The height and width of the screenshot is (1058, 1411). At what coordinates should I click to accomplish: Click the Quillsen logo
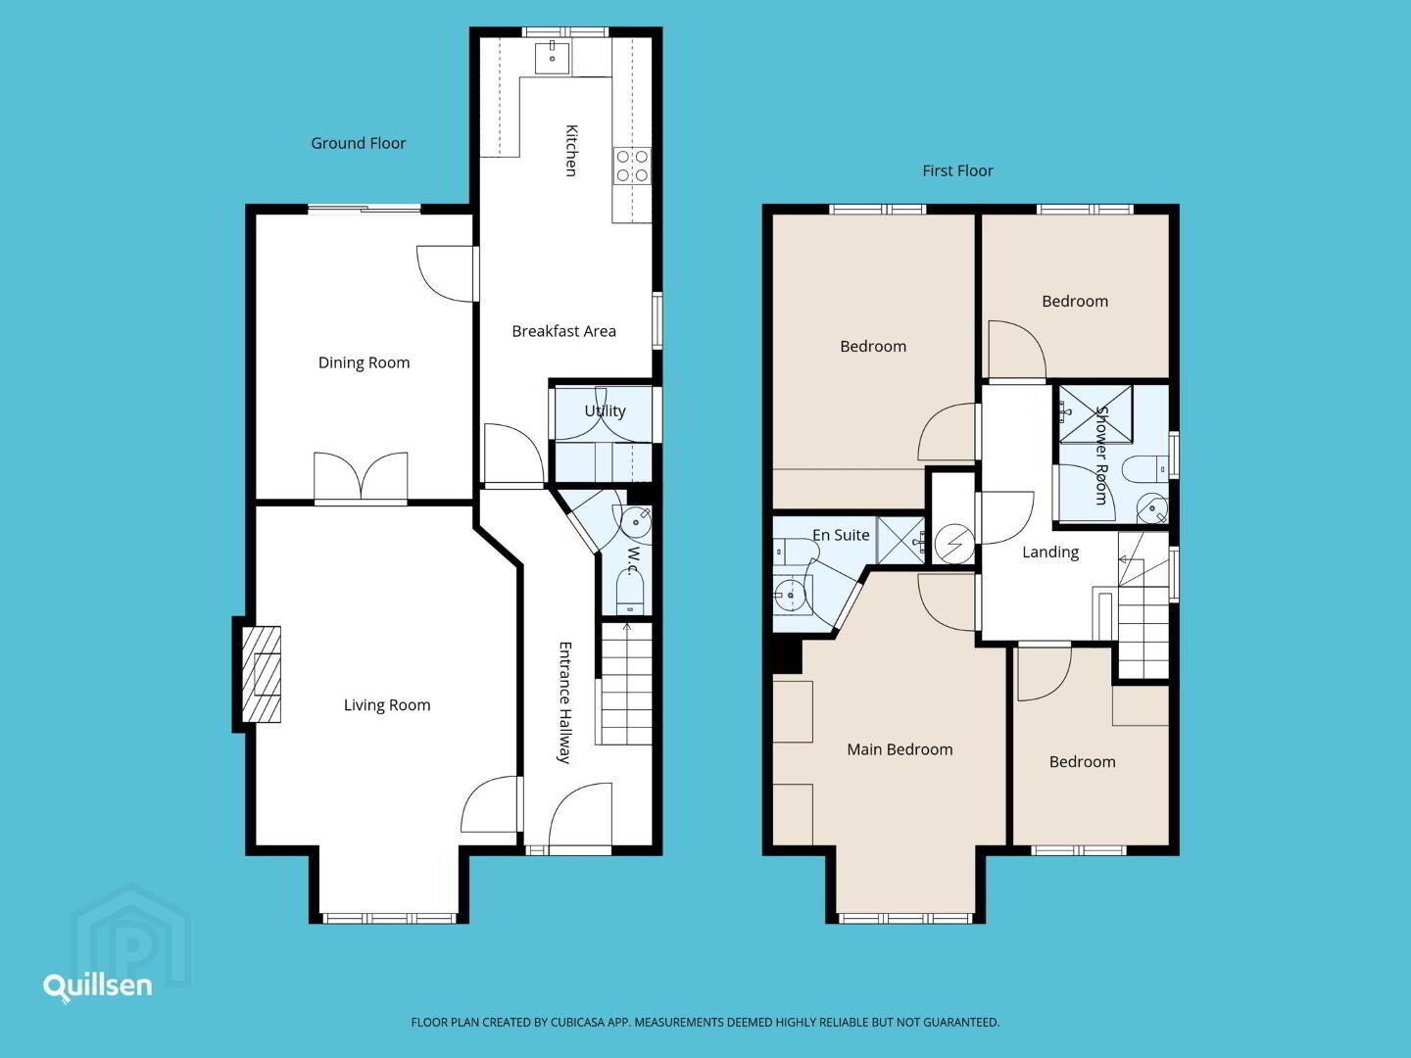pos(98,986)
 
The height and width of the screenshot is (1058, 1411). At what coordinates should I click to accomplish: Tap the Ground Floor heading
pos(358,143)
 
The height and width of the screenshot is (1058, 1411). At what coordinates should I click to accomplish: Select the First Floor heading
pos(957,170)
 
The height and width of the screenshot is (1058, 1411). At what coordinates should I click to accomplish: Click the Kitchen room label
pos(571,150)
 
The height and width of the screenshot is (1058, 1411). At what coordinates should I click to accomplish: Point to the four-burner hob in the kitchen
pos(632,166)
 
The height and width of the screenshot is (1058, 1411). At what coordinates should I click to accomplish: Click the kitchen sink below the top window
pos(552,58)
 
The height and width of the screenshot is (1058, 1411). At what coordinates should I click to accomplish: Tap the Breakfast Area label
pos(563,331)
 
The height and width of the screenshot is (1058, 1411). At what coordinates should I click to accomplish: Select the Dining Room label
pos(364,362)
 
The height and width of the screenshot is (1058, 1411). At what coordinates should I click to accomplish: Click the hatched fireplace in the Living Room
pos(261,675)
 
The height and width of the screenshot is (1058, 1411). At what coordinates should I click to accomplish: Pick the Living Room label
pos(387,705)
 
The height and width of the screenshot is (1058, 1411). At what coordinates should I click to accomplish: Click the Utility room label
pos(605,411)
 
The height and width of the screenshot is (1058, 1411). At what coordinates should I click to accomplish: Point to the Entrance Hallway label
pos(564,702)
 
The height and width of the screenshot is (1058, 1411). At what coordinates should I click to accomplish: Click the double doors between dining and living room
pos(361,476)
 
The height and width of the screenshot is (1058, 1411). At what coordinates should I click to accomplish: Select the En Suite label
pos(841,535)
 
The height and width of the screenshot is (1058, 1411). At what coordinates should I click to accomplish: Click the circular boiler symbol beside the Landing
pos(954,544)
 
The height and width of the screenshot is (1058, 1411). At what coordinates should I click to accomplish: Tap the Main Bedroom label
pos(900,749)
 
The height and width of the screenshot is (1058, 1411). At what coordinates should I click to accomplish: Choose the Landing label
pos(1050,553)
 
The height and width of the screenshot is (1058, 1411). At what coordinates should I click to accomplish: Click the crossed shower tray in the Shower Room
pos(1095,414)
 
